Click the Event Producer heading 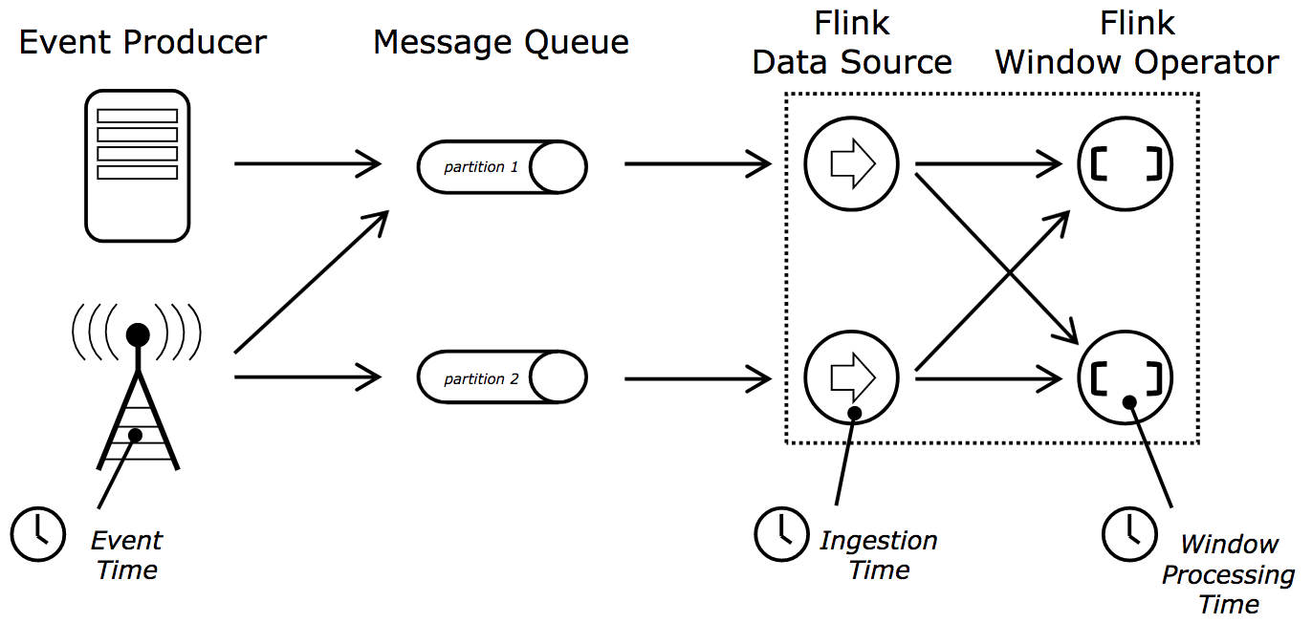pos(142,43)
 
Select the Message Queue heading pos(501,43)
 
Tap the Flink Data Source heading pos(852,44)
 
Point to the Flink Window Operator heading pos(1137,44)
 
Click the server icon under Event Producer pos(137,165)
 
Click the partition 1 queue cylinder pos(502,167)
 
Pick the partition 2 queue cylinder pos(502,378)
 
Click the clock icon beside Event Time pos(38,533)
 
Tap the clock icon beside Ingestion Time pos(781,533)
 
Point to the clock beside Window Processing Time pos(1129,533)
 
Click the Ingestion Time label pos(878,555)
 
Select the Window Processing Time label pos(1228,574)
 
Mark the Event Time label pos(126,555)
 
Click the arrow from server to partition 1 pos(308,164)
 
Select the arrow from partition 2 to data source pos(698,378)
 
